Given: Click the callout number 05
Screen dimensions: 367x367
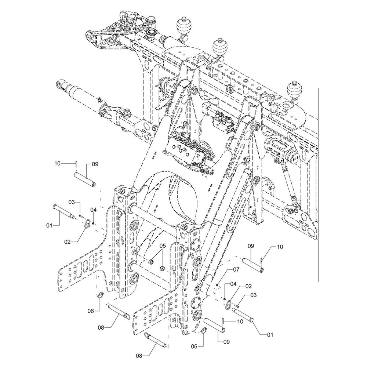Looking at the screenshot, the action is click(163, 246).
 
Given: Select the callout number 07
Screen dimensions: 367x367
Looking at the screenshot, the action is click(236, 270).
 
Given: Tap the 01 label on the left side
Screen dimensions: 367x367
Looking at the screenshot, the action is click(49, 225).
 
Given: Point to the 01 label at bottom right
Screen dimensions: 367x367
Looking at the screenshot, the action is click(270, 335).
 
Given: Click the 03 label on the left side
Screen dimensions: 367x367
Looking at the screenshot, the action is click(72, 202).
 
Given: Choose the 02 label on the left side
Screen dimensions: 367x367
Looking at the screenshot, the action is click(68, 242).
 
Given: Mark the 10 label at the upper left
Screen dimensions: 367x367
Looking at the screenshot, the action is click(57, 163).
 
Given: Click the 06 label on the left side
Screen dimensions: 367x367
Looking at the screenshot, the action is click(91, 311).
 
